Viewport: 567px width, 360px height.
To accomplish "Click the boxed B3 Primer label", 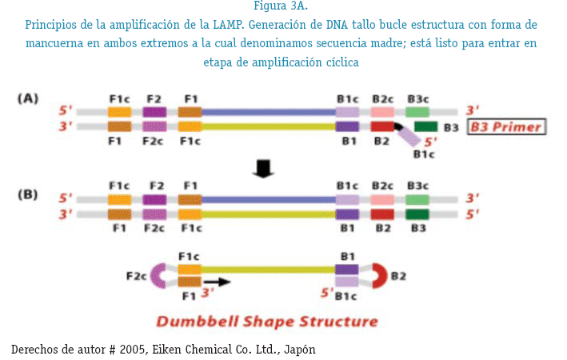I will [x=505, y=127].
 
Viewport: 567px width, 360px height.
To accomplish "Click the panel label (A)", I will [x=29, y=98].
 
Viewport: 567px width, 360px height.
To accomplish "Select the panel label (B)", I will [x=29, y=193].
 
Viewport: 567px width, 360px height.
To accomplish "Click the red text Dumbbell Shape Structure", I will [x=266, y=322].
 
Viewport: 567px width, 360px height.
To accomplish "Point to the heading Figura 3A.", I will [x=283, y=7].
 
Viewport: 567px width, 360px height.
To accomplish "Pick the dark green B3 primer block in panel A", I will [x=425, y=126].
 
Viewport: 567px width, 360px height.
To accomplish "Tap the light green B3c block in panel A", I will [x=417, y=112].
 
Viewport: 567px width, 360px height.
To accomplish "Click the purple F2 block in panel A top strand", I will [x=154, y=112].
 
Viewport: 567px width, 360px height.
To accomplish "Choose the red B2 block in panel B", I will [x=382, y=214].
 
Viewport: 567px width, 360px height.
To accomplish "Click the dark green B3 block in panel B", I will [x=417, y=214].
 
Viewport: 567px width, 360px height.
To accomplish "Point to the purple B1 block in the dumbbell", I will [x=346, y=269].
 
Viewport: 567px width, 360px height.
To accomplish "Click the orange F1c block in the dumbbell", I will [x=189, y=269].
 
